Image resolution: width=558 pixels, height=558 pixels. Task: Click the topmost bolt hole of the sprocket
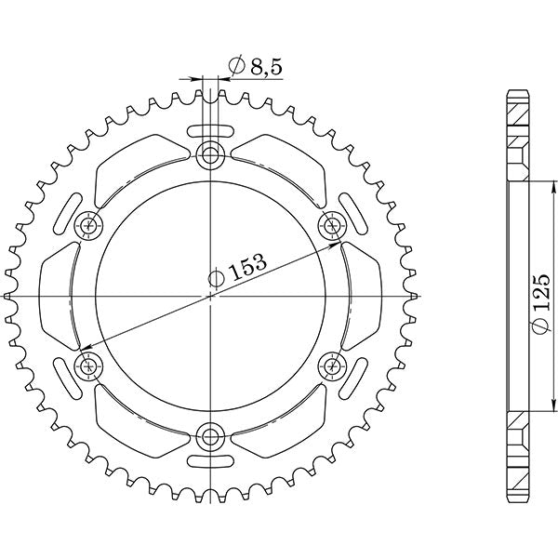[x=212, y=154]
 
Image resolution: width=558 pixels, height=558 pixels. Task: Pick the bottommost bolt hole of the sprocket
[x=212, y=433]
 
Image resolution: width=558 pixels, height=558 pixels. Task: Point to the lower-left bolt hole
[x=90, y=365]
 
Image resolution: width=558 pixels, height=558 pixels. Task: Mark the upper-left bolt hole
[x=91, y=224]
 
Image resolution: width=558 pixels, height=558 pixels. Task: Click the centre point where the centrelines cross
[x=212, y=295]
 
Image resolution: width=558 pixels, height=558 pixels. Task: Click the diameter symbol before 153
[x=216, y=278]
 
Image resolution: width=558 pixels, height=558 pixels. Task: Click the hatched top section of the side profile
[x=516, y=130]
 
